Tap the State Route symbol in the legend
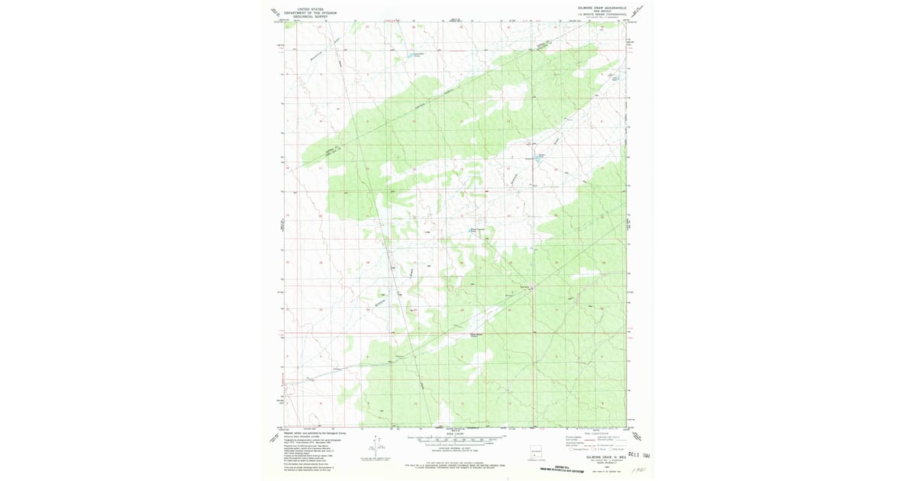coord(615,450)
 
